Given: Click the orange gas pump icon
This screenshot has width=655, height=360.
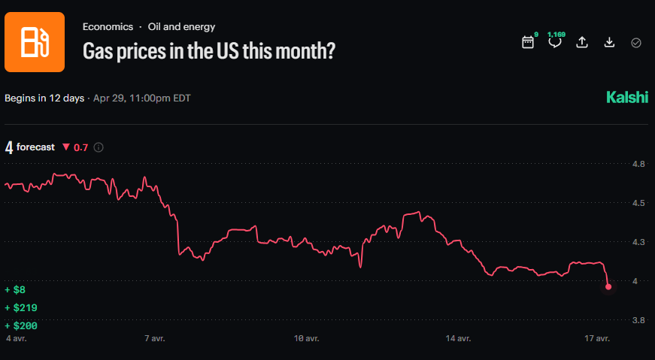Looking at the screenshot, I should point(35,42).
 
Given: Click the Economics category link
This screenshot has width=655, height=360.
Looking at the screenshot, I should point(108,26).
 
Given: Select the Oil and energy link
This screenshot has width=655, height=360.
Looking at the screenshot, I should point(181,26).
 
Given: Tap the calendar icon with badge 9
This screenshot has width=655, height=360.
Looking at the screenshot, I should point(528,43).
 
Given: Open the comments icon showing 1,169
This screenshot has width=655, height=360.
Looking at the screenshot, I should point(555,42).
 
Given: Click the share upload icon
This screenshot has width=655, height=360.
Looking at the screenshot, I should point(581,43).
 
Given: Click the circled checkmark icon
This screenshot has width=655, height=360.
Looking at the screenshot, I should point(636,43).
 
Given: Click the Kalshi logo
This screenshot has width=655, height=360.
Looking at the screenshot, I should point(626,98).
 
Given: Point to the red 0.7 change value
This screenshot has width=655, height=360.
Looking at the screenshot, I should point(80,147).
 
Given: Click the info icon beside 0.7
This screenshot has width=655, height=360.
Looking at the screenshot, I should point(99,147).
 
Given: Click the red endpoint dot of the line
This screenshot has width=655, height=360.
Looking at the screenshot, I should point(608,286).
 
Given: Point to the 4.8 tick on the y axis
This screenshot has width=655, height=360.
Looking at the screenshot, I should point(638,164).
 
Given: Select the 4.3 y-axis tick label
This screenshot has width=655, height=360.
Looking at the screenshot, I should point(638,242).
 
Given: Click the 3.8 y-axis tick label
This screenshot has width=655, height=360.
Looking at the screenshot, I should point(638,320).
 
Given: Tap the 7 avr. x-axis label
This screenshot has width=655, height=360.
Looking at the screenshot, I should point(154,339).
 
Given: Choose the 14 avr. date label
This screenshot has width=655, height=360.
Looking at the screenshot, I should point(459,339).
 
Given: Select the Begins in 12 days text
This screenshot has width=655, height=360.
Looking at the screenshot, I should point(44,98).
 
